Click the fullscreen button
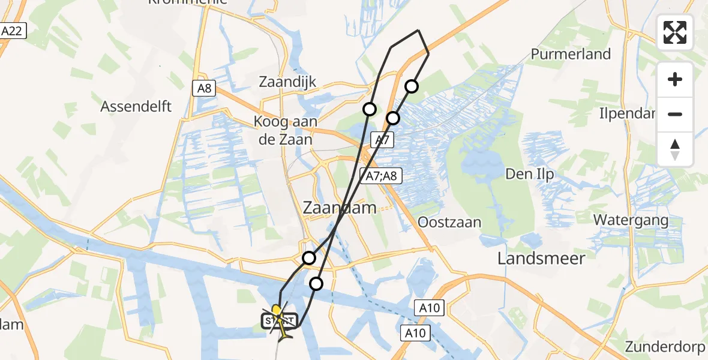point(675,32)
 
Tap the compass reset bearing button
point(675,149)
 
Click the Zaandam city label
point(339,208)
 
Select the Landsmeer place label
point(541,258)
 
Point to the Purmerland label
point(571,54)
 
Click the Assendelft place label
point(136,106)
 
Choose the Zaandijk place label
point(287,82)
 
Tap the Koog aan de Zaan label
point(283,130)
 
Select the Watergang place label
point(631,220)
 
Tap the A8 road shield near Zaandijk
point(204,88)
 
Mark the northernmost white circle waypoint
point(412,86)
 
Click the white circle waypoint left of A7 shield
point(370,109)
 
